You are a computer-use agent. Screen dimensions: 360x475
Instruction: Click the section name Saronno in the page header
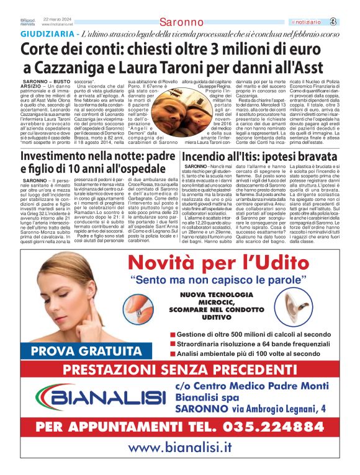(180, 22)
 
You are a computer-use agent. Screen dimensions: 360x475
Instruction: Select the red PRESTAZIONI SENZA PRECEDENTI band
(180, 371)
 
